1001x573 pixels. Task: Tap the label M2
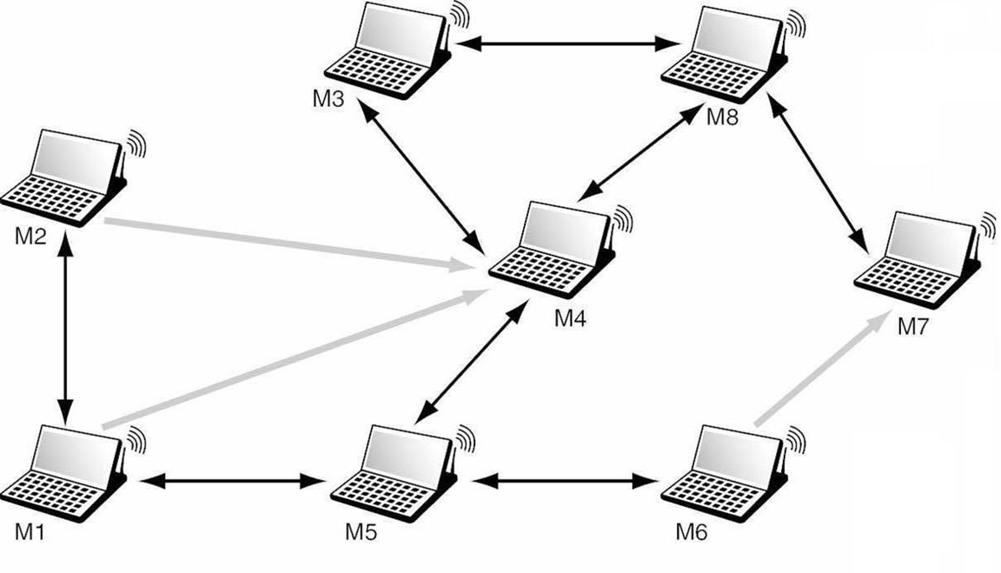[30, 236]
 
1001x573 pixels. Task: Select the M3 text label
[329, 98]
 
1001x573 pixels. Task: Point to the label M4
[571, 318]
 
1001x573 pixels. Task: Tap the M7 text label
[914, 328]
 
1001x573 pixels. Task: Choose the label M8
[721, 117]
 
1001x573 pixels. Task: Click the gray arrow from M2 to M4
[287, 245]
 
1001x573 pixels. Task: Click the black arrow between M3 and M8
[567, 42]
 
